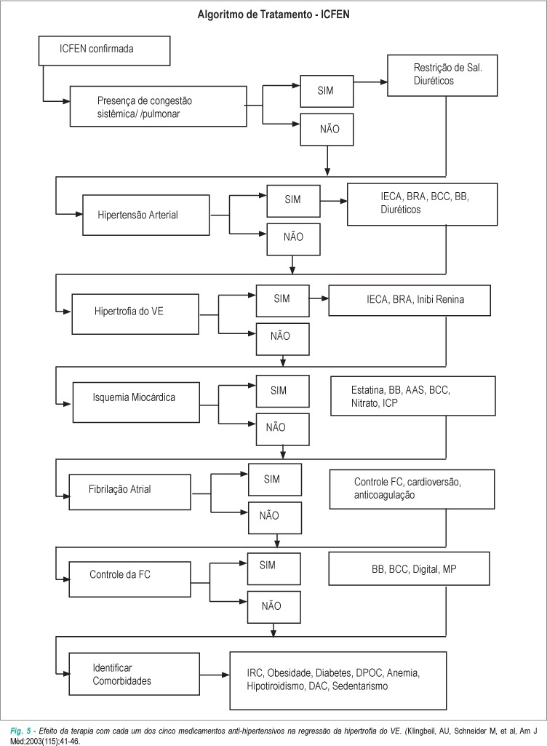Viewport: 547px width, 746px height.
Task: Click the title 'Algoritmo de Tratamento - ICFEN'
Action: pyautogui.click(x=273, y=15)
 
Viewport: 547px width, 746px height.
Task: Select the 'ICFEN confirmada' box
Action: pyautogui.click(x=104, y=52)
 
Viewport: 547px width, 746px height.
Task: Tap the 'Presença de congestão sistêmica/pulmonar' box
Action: pyautogui.click(x=159, y=106)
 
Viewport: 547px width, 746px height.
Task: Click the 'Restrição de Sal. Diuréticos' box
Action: pyautogui.click(x=442, y=76)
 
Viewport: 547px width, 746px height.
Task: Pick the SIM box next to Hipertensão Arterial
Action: pyautogui.click(x=293, y=201)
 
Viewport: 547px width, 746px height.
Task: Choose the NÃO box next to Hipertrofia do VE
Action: pyautogui.click(x=282, y=339)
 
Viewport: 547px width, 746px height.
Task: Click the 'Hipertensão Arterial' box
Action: pyautogui.click(x=146, y=215)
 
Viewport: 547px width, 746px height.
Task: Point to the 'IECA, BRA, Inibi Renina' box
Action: pyautogui.click(x=410, y=300)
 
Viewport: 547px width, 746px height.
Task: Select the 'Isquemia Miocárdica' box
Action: pyautogui.click(x=136, y=402)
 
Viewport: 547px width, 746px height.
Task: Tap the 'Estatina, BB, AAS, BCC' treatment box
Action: pyautogui.click(x=413, y=396)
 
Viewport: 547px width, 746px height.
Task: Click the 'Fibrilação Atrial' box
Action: pyautogui.click(x=130, y=492)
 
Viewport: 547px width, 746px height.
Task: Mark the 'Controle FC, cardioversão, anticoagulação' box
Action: pyautogui.click(x=412, y=489)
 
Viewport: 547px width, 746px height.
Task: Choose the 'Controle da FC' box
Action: pyautogui.click(x=130, y=579)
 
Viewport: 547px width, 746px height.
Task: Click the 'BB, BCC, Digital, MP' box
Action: pyautogui.click(x=409, y=568)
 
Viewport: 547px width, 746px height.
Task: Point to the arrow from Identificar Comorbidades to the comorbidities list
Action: pyautogui.click(x=215, y=675)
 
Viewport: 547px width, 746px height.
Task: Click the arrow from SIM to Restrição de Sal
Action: pyautogui.click(x=370, y=82)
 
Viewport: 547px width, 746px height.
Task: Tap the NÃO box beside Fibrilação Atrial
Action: pyautogui.click(x=275, y=517)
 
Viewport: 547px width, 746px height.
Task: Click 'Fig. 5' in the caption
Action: pyautogui.click(x=20, y=730)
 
